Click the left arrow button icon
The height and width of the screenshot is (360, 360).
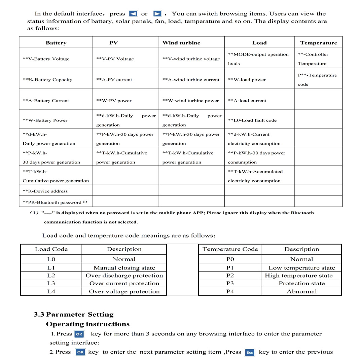point(133,14)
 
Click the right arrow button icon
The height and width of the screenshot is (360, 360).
point(157,14)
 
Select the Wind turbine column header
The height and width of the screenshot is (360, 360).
point(181,43)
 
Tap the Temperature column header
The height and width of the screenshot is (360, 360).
point(318,43)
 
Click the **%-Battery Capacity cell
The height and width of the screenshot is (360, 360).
point(47,80)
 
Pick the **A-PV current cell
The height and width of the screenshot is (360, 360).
point(114,80)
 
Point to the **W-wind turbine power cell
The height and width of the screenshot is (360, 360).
point(190,101)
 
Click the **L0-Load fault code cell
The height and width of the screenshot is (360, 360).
point(252,120)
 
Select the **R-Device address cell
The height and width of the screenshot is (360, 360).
point(45,191)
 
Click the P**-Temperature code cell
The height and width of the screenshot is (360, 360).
point(317,80)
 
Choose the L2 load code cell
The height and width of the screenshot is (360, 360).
point(51,276)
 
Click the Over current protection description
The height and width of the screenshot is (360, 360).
point(124,283)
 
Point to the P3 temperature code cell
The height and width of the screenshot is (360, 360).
point(230,283)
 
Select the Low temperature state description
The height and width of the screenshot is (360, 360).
point(301,268)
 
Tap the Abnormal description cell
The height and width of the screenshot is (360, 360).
point(301,291)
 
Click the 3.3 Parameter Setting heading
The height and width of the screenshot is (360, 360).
point(74,315)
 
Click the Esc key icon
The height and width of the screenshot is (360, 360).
point(250,352)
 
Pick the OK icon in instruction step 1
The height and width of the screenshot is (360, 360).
point(79,334)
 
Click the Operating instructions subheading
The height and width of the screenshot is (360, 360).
point(87,324)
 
